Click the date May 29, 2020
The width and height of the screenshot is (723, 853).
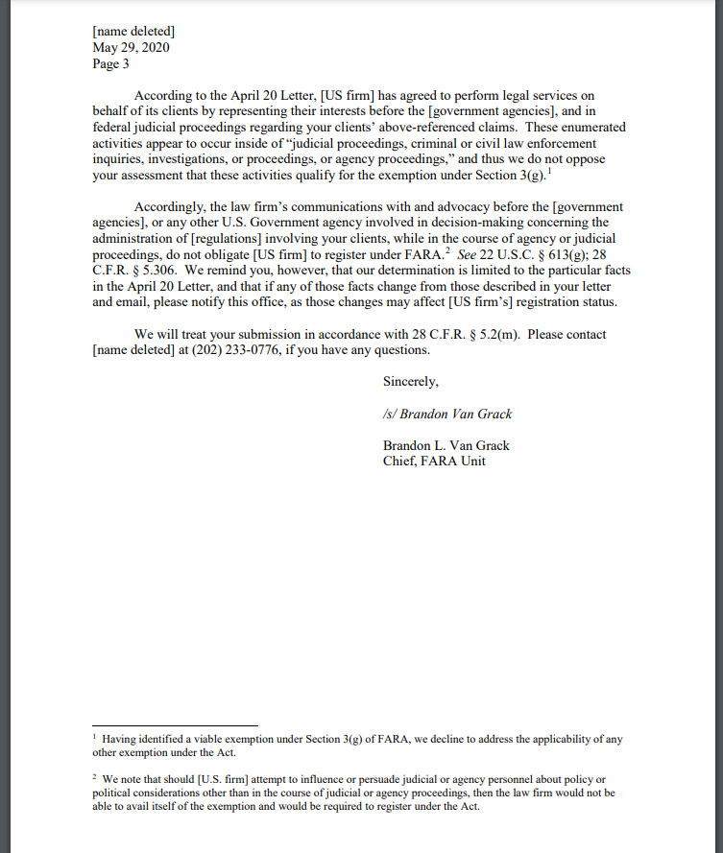point(131,47)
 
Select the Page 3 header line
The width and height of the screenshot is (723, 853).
point(110,64)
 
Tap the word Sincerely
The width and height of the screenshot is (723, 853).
point(411,382)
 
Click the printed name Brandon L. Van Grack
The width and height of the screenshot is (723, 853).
point(446,445)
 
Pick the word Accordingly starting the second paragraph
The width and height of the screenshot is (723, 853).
point(170,207)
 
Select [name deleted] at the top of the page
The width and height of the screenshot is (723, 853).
point(133,32)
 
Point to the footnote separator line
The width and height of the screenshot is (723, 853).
point(176,725)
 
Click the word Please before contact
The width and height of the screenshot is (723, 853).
point(548,335)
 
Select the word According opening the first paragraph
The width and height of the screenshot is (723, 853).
point(163,96)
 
